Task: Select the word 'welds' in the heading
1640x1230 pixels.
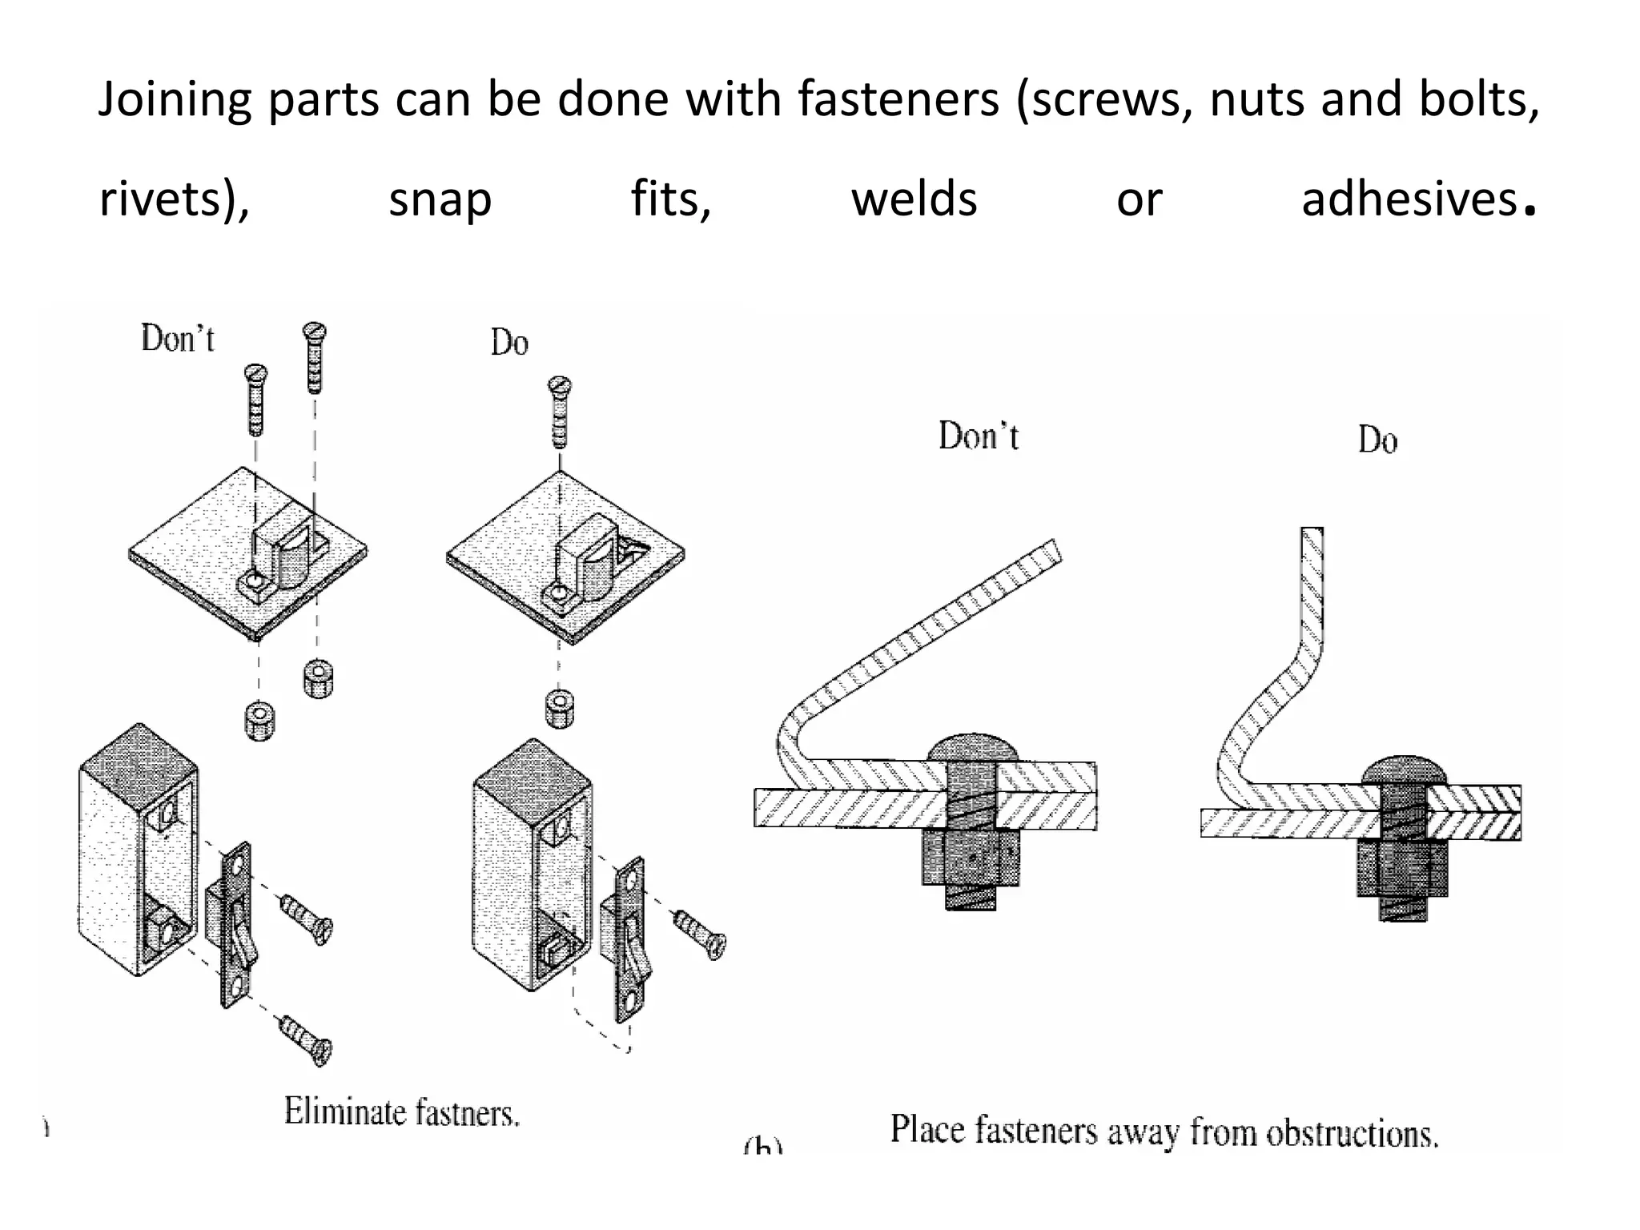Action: [x=914, y=199]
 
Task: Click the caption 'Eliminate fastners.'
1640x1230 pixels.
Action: [x=402, y=1112]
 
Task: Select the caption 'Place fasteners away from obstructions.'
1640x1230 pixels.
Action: [x=1164, y=1132]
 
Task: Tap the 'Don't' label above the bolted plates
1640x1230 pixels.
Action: [x=979, y=437]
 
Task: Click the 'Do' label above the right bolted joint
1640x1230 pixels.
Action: [x=1377, y=440]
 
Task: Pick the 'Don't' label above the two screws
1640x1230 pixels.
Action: [x=178, y=339]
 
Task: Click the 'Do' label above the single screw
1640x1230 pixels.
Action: [x=509, y=344]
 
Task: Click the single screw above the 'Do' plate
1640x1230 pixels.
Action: [x=560, y=412]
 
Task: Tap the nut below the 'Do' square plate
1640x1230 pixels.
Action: [x=560, y=708]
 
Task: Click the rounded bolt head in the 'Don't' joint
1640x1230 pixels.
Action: [x=972, y=747]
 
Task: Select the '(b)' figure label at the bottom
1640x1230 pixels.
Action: [x=762, y=1145]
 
